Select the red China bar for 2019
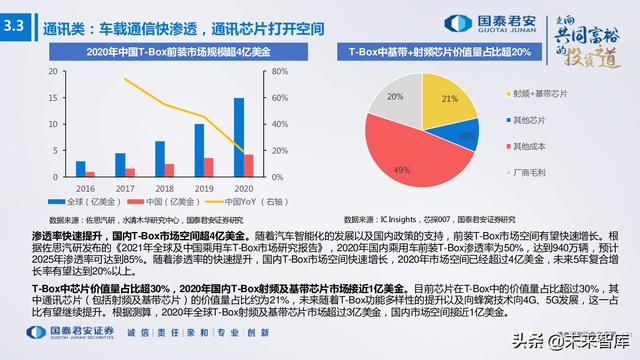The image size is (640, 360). (x=208, y=167)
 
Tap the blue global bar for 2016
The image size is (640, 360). (x=81, y=168)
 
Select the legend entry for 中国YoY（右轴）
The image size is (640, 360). (x=230, y=200)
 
